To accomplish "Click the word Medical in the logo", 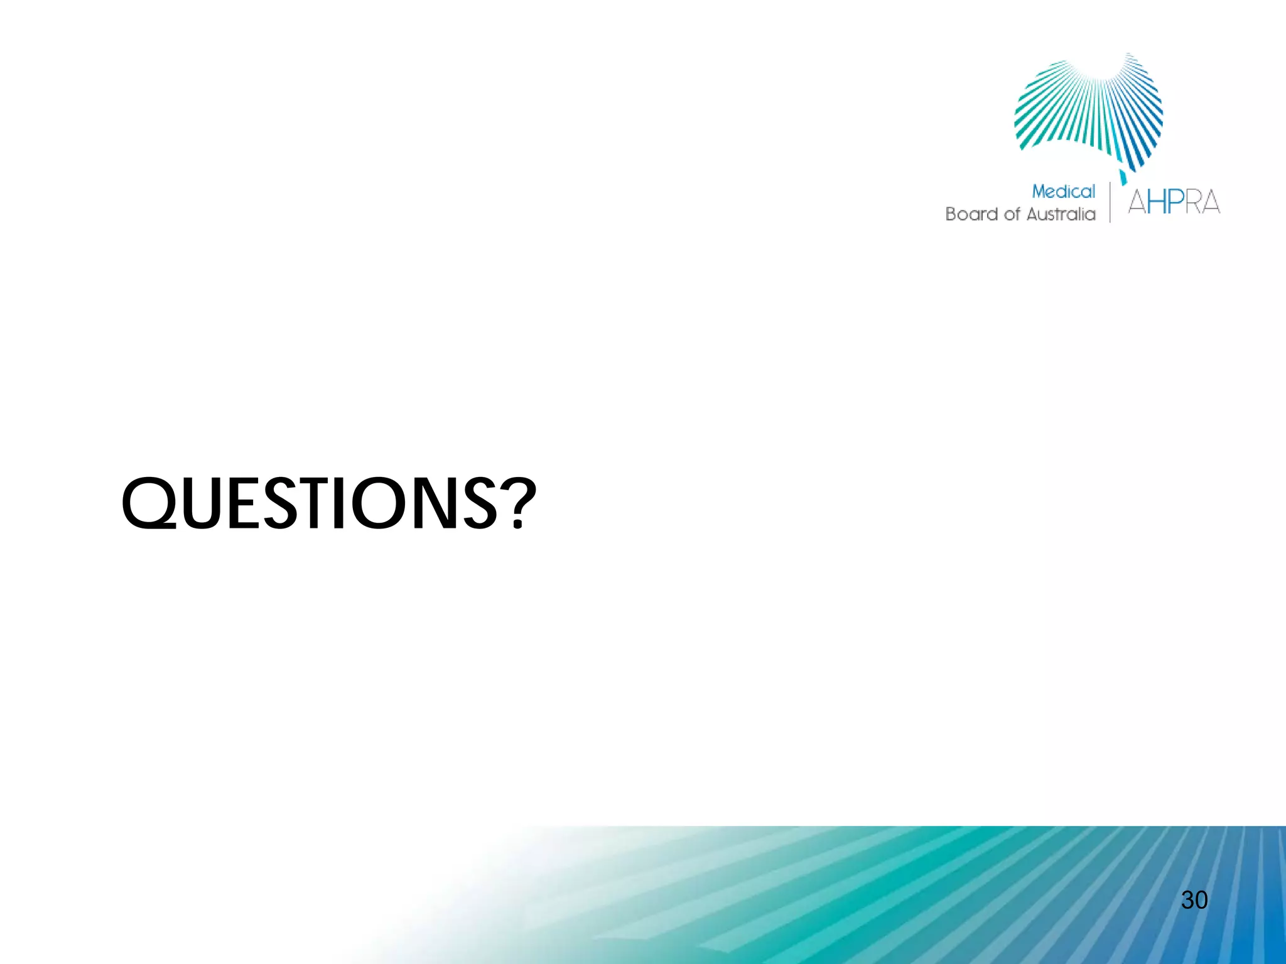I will (x=1063, y=191).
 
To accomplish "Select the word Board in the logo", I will (x=972, y=215).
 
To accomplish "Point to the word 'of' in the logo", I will (x=1012, y=215).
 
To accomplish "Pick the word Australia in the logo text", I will (x=1061, y=215).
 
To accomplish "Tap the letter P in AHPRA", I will (x=1177, y=203).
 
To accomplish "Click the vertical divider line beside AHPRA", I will (x=1110, y=202).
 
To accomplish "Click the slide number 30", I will (x=1194, y=900).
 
